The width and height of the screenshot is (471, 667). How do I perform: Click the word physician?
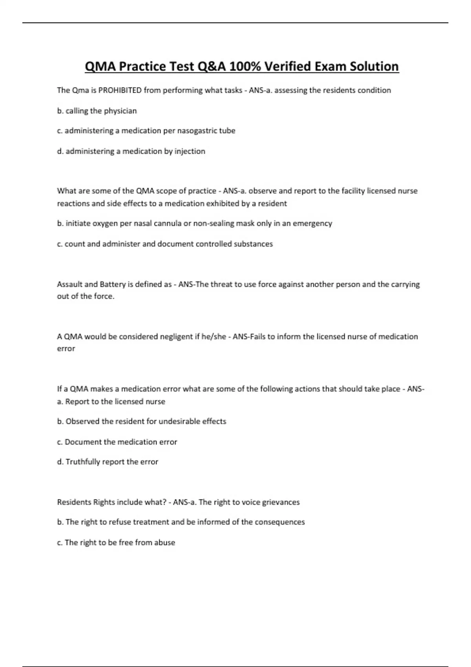coord(120,111)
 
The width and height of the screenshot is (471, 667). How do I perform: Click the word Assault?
coord(69,284)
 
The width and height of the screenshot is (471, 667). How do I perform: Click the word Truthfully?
coord(83,462)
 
